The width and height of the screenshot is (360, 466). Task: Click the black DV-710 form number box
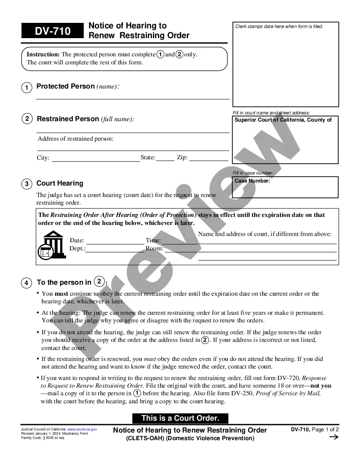tap(53, 31)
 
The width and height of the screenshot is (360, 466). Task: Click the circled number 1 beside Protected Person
tap(27, 88)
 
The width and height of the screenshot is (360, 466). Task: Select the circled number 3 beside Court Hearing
tap(27, 184)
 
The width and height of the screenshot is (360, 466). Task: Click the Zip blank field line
tap(208, 161)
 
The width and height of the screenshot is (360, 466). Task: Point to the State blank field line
tap(165, 161)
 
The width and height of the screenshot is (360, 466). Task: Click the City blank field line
tap(96, 161)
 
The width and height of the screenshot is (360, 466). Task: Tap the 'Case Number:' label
tap(252, 181)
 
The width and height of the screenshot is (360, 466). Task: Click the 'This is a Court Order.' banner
tap(180, 418)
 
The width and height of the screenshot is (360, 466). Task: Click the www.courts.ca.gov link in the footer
tap(82, 430)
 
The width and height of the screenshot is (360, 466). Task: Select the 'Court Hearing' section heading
tap(60, 183)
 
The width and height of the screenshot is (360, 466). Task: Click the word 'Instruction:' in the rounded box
tap(43, 54)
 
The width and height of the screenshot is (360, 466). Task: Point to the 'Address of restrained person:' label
tap(75, 139)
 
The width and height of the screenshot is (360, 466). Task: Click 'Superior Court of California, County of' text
tap(283, 120)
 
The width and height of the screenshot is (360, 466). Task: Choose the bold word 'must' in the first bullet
tap(61, 294)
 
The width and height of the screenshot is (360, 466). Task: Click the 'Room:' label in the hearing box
tap(155, 249)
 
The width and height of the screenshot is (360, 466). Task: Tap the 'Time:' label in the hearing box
tap(153, 241)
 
